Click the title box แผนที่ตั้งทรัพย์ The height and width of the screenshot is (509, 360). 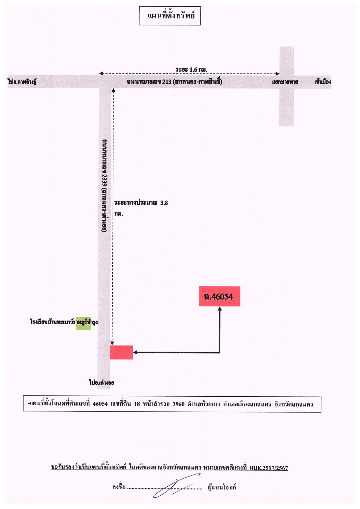point(170,16)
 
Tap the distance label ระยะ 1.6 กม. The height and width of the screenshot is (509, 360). point(191,70)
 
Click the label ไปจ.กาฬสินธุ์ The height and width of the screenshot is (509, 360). point(22,82)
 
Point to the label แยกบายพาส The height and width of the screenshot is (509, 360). point(285,82)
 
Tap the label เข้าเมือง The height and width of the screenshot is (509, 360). point(323,82)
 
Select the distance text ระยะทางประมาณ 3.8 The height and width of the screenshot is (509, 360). point(141,203)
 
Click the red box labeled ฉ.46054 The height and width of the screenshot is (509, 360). point(219,296)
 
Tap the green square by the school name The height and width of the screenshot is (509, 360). point(84,323)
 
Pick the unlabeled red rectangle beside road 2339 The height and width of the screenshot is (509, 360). point(121,352)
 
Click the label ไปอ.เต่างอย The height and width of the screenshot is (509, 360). point(102,382)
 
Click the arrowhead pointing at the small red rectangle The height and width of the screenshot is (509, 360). point(135,352)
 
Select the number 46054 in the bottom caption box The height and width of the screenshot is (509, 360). point(100,404)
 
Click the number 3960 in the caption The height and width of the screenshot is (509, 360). point(179,404)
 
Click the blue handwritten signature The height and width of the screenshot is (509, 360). point(177,485)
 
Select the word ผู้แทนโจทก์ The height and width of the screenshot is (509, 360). point(222,487)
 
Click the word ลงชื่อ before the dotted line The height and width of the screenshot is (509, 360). point(119,487)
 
